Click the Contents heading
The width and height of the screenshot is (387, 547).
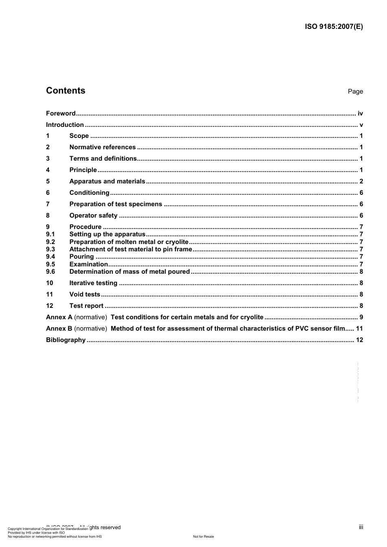click(x=66, y=91)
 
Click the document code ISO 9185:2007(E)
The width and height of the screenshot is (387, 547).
click(x=334, y=27)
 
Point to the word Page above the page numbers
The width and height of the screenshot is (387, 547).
click(x=355, y=92)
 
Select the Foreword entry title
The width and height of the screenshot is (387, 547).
click(x=61, y=113)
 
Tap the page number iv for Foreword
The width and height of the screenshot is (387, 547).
click(x=360, y=113)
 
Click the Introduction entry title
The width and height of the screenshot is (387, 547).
click(x=65, y=125)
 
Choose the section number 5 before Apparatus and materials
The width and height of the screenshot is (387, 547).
click(x=48, y=181)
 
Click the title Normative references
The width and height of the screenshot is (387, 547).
click(x=103, y=147)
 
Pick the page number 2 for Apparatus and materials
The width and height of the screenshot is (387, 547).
click(x=361, y=181)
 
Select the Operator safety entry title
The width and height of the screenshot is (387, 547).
click(x=93, y=216)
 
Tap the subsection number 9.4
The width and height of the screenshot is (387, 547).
click(x=51, y=257)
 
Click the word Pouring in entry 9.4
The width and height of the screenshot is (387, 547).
click(x=81, y=257)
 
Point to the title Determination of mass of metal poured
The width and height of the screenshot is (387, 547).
click(x=130, y=272)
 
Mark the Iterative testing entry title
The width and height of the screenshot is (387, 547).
click(x=93, y=283)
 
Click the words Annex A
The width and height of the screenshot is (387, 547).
click(x=59, y=317)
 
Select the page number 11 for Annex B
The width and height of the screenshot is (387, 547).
click(x=359, y=329)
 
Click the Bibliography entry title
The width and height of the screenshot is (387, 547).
click(x=66, y=340)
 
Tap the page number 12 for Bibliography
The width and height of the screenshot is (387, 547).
click(x=359, y=340)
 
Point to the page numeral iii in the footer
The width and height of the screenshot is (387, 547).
click(x=361, y=527)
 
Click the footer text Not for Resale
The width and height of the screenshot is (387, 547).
click(x=203, y=536)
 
